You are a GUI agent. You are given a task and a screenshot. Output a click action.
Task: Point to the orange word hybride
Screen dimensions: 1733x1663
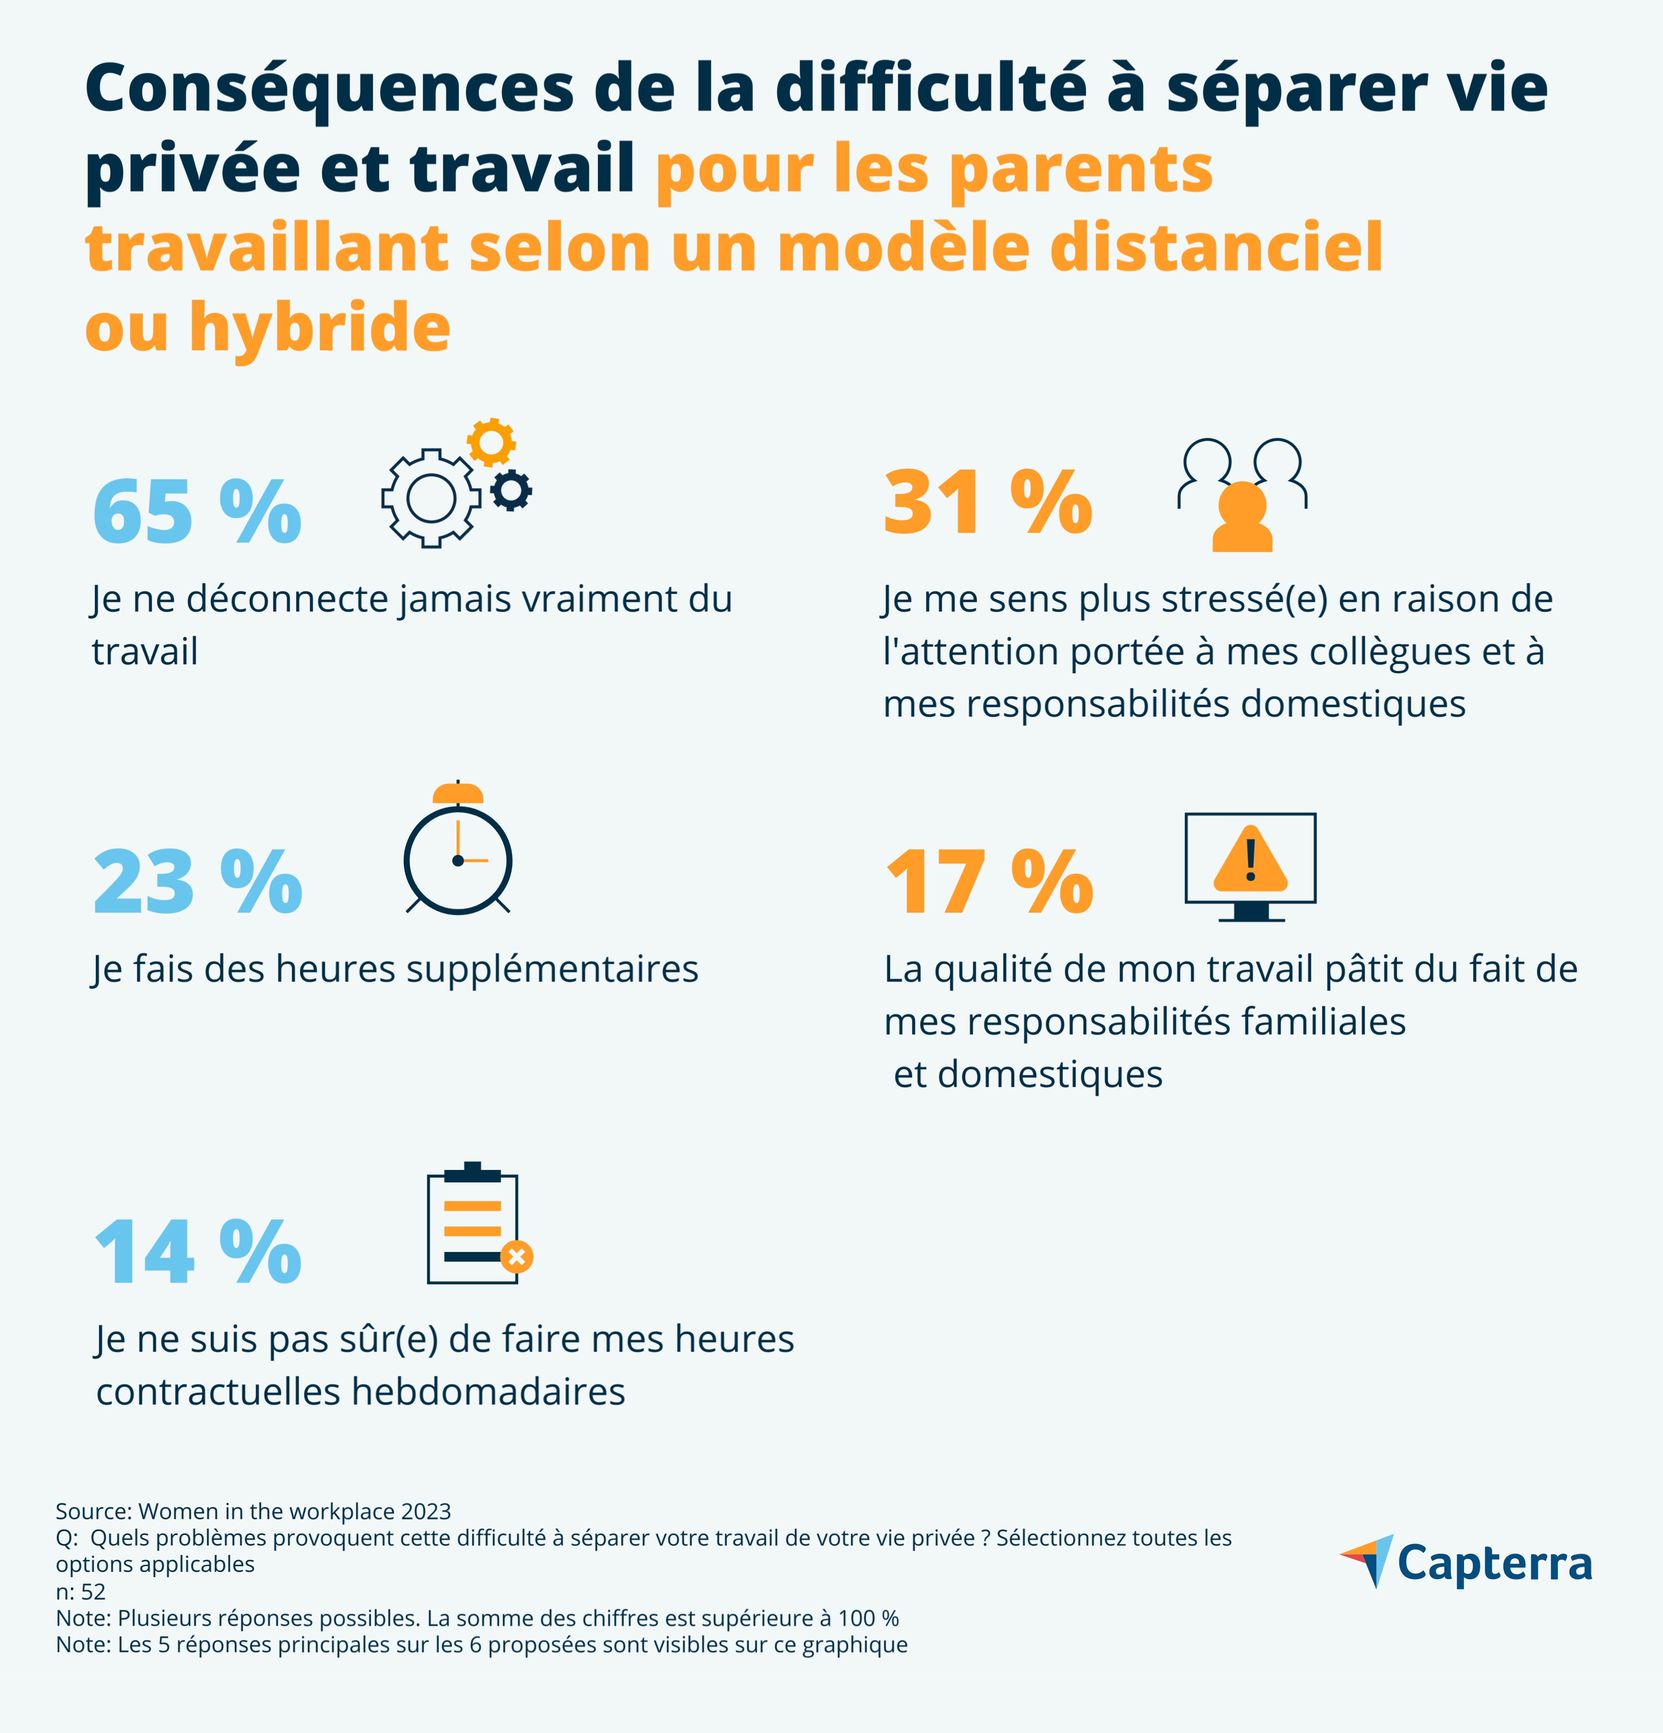coord(319,327)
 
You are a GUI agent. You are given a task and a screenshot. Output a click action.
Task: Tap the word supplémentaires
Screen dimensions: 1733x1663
coord(552,969)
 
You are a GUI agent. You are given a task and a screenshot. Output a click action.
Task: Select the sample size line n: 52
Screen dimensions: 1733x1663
coord(81,1592)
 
